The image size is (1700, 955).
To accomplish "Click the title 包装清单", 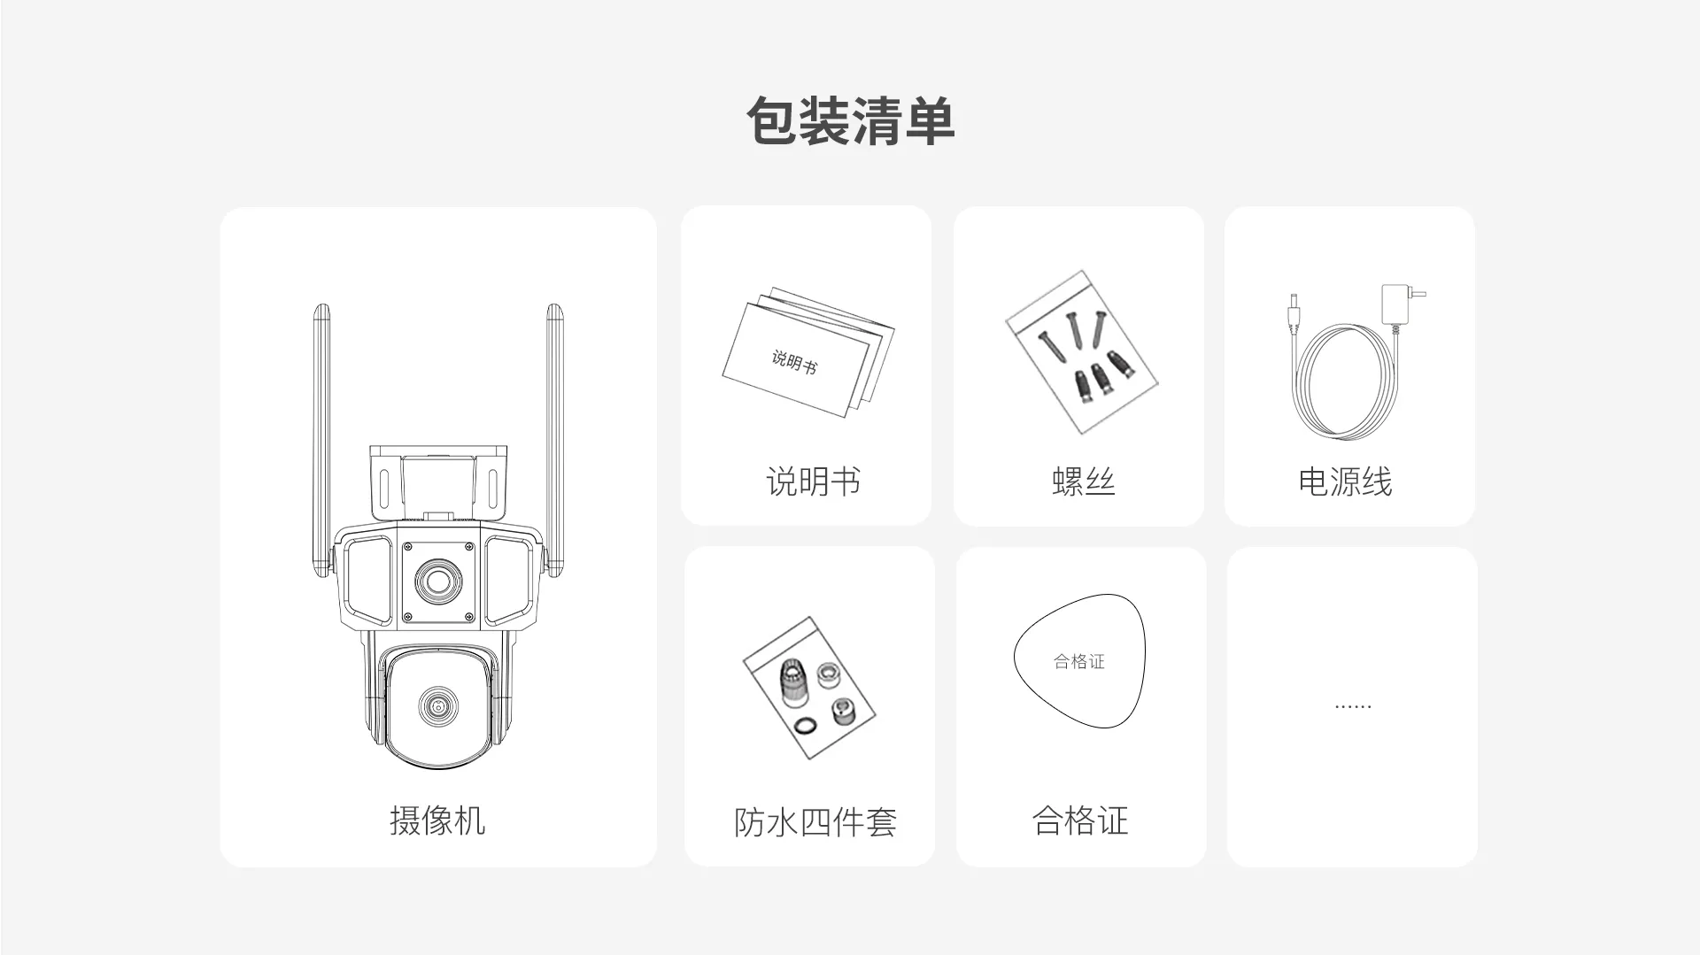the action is [x=850, y=120].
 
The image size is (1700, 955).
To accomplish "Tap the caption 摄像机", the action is [x=437, y=820].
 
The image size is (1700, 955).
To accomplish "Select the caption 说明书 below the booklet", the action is [x=813, y=481].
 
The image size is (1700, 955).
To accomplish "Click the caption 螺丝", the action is [x=1083, y=481].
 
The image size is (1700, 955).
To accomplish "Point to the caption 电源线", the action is [x=1345, y=481].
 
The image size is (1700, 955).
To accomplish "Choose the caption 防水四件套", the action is [x=815, y=822].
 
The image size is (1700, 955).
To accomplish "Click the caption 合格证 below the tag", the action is [x=1080, y=820].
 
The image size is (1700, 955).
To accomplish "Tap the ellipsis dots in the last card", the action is [x=1352, y=707].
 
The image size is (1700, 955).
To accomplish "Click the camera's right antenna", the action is [x=554, y=425].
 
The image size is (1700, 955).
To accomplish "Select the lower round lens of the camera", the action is [x=436, y=705].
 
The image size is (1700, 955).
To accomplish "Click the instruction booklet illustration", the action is [x=807, y=352].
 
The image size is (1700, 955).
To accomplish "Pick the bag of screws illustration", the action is [x=1082, y=351].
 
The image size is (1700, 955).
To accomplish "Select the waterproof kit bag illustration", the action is [x=809, y=688].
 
